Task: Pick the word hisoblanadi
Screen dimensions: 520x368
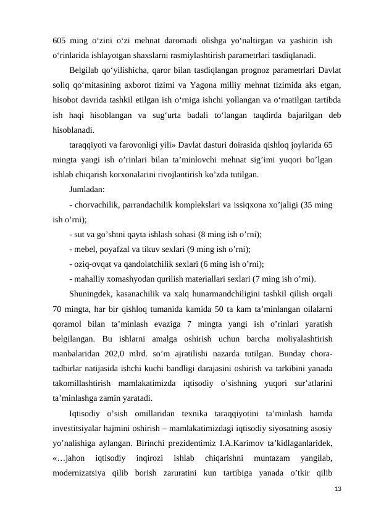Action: (x=73, y=130)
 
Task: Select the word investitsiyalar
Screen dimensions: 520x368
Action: (x=82, y=427)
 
